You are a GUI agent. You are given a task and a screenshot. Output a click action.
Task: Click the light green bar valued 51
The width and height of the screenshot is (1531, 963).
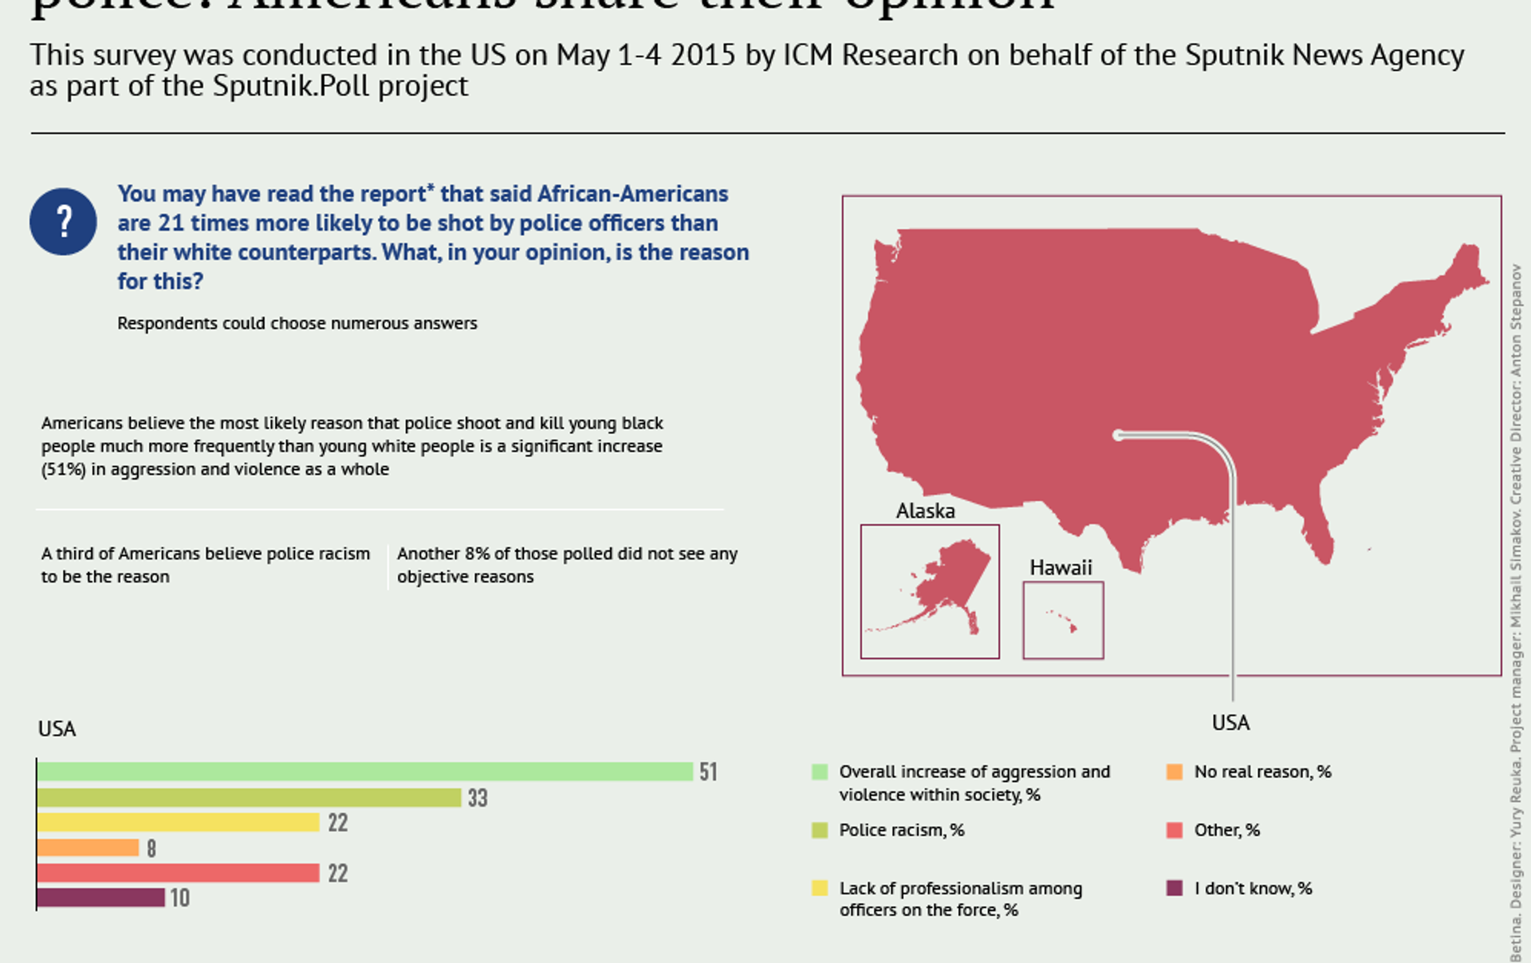364,772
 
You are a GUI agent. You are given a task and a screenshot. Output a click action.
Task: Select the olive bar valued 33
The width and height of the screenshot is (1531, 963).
249,797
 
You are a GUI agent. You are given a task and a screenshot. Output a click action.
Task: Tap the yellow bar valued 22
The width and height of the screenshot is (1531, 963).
178,823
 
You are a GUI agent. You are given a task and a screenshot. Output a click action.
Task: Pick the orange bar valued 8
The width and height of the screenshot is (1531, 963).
88,847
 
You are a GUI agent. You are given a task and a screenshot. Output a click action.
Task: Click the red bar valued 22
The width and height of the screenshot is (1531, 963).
178,873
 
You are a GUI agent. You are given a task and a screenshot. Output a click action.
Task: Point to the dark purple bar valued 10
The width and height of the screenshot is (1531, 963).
100,898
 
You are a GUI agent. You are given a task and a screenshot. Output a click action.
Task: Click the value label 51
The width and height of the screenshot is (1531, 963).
708,772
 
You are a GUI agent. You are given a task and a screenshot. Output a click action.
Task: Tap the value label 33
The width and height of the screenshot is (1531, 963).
478,798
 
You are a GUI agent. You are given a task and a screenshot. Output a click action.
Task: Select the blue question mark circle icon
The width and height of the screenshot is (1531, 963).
63,222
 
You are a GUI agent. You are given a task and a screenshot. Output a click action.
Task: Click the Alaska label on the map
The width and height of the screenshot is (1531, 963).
925,511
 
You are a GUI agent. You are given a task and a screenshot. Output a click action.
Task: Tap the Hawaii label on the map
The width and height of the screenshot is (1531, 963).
1061,567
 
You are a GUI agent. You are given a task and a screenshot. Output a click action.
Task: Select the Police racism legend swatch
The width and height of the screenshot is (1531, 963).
820,830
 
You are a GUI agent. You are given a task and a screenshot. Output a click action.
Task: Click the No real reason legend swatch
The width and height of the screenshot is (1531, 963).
1174,772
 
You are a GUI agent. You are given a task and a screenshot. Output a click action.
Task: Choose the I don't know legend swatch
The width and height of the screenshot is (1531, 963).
1174,888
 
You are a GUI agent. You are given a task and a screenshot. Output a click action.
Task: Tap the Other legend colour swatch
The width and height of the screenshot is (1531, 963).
1174,830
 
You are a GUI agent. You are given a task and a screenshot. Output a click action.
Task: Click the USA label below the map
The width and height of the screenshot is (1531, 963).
1230,723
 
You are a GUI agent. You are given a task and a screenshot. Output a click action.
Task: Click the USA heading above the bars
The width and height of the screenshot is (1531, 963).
57,729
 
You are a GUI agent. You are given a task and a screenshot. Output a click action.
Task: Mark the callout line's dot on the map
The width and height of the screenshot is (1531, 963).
1118,436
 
